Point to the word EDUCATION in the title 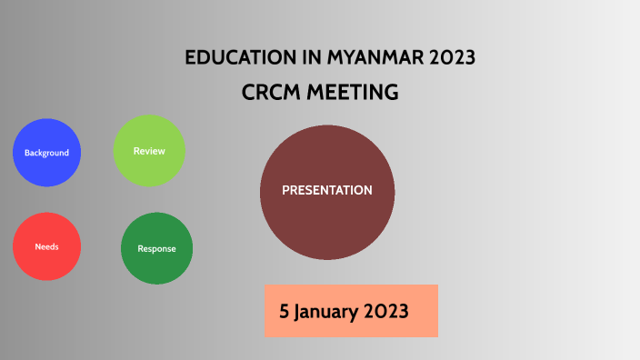(x=239, y=58)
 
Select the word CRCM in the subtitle (x=270, y=93)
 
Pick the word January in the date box (x=327, y=311)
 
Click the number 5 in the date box (x=285, y=311)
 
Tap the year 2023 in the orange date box (x=386, y=311)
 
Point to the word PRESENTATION (x=327, y=191)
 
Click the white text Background (x=46, y=153)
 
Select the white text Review (x=149, y=151)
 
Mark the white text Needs (x=46, y=247)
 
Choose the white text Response (x=156, y=248)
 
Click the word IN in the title (x=310, y=58)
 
